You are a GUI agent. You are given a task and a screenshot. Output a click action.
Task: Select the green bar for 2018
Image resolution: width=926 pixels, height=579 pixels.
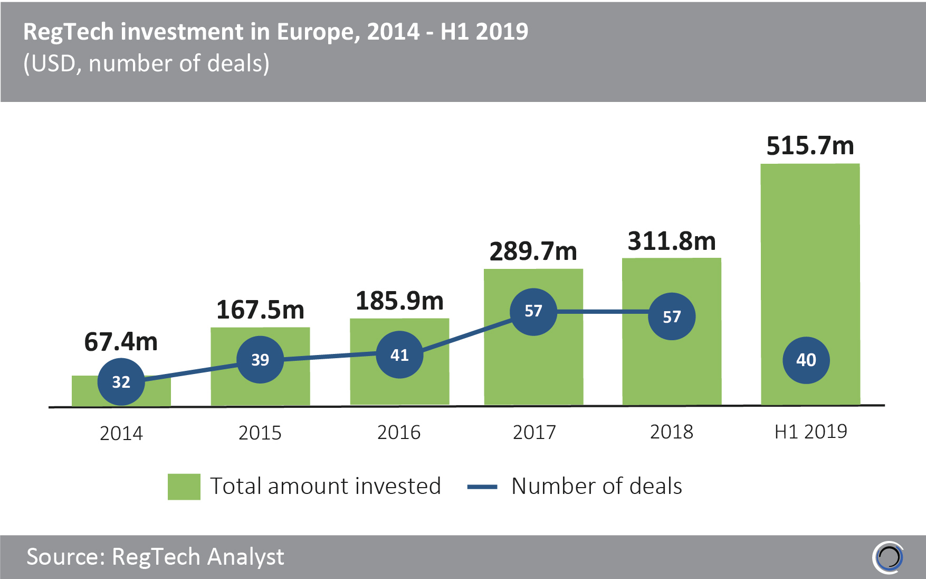[671, 370]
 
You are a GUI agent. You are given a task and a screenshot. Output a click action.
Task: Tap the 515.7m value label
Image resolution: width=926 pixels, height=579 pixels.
[810, 146]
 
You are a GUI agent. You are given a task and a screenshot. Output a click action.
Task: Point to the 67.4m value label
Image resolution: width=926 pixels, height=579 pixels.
[121, 342]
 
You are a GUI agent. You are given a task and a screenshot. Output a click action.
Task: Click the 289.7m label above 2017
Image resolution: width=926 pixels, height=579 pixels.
[533, 251]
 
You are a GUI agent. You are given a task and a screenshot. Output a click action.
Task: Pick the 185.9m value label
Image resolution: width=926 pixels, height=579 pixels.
[399, 301]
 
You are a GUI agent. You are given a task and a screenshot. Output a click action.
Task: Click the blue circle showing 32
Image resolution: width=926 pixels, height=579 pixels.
[121, 382]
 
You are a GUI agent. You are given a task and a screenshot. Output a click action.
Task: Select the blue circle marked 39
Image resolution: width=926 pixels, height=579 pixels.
[260, 360]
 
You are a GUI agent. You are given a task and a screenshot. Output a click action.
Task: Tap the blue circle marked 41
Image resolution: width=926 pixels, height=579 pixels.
[399, 355]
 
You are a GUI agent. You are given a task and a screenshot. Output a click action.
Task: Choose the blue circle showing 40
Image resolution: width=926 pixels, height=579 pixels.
[806, 360]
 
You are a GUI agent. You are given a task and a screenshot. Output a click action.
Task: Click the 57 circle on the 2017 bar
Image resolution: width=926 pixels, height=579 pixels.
[533, 311]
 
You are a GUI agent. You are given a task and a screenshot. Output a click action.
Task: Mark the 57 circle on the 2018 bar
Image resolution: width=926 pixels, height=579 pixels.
[672, 316]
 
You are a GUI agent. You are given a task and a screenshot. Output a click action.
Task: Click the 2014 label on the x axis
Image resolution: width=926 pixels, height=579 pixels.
[121, 433]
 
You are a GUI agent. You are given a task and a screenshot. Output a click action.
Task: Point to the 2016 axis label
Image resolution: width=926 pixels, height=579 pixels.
[399, 433]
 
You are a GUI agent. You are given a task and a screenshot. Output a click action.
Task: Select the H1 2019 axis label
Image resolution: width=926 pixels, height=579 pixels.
[810, 432]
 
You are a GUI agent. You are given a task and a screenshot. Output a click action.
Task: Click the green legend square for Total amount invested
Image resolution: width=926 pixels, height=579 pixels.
[184, 487]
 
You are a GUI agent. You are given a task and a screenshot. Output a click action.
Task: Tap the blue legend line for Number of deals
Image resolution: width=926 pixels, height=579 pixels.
[482, 487]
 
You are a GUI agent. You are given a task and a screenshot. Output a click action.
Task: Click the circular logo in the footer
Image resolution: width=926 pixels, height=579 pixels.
[889, 557]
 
